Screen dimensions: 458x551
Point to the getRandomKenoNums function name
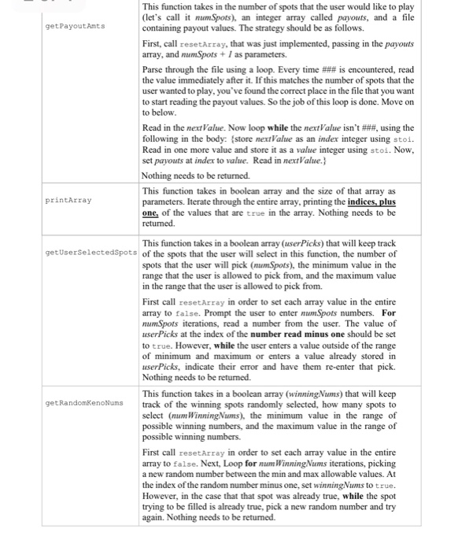coord(86,403)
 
